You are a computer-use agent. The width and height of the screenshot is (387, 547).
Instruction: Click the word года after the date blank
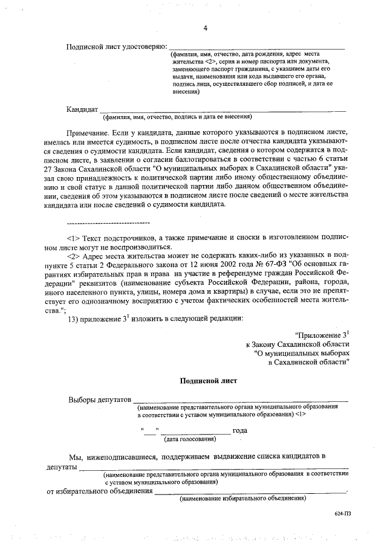(241, 431)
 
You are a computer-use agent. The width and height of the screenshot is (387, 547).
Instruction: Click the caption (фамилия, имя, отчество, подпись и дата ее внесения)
(177, 117)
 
